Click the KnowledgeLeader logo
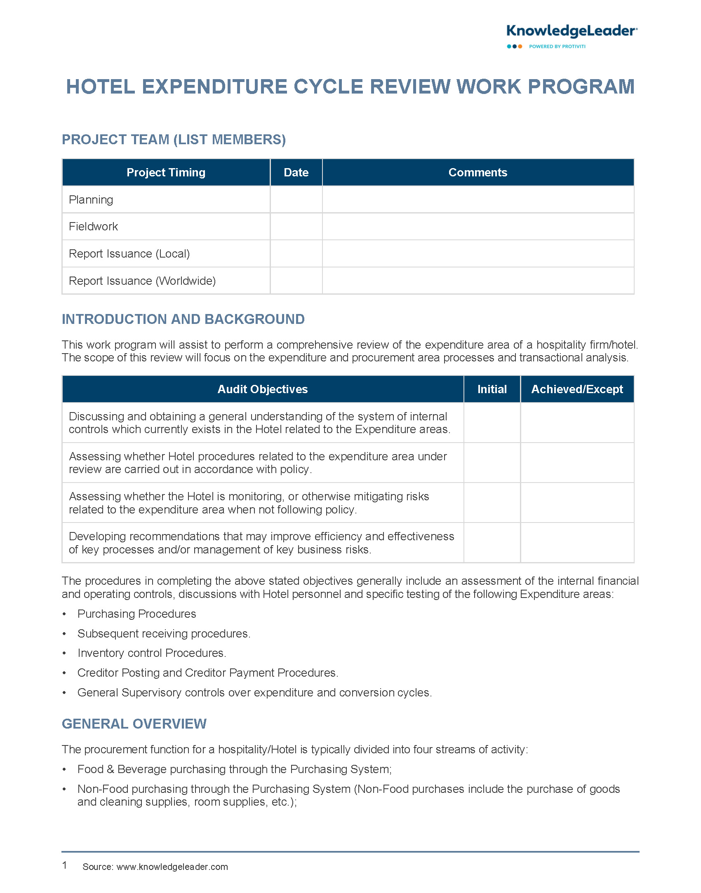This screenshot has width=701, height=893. click(x=572, y=36)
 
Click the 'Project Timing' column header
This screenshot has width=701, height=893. click(x=166, y=172)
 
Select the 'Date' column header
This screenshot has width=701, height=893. click(x=296, y=172)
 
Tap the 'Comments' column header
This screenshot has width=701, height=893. click(x=478, y=172)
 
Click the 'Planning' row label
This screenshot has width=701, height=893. click(x=91, y=200)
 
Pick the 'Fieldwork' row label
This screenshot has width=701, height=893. click(x=94, y=227)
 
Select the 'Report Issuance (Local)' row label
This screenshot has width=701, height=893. click(x=129, y=254)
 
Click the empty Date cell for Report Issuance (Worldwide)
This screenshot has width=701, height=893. click(x=296, y=281)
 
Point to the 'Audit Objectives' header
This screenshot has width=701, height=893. click(x=263, y=389)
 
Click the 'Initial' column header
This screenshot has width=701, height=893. click(x=492, y=389)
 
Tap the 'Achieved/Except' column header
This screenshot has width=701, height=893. click(x=577, y=389)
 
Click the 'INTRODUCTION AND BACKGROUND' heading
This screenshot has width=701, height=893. click(x=183, y=319)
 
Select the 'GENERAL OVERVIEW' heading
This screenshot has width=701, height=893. click(x=134, y=724)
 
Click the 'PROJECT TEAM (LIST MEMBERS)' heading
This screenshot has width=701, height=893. click(x=174, y=140)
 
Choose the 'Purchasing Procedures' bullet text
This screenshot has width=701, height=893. click(x=136, y=614)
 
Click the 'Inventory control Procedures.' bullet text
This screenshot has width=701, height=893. click(x=152, y=653)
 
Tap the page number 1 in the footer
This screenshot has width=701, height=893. click(x=65, y=865)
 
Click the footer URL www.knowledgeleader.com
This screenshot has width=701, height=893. click(x=172, y=867)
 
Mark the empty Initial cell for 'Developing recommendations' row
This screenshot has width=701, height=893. click(x=492, y=543)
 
